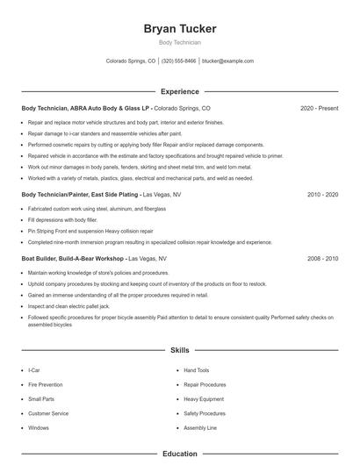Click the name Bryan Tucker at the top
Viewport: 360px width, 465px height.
click(179, 29)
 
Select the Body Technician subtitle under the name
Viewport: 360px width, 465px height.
click(179, 42)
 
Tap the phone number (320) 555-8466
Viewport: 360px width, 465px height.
click(178, 61)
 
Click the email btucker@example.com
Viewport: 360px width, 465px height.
click(227, 61)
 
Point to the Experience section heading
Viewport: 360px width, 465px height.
click(179, 91)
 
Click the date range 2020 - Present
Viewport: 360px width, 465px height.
click(319, 108)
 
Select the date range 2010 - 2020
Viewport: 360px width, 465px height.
click(322, 194)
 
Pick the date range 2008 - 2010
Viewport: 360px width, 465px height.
click(322, 260)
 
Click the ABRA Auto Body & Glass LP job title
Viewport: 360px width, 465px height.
click(86, 108)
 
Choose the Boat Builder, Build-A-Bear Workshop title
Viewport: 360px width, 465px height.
click(74, 260)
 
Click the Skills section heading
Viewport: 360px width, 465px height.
click(179, 350)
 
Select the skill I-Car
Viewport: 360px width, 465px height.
click(33, 371)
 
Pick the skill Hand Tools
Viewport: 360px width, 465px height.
click(197, 371)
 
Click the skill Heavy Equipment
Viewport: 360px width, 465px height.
click(204, 399)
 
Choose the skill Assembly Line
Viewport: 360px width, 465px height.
click(199, 428)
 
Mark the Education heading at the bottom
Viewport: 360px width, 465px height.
click(179, 454)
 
